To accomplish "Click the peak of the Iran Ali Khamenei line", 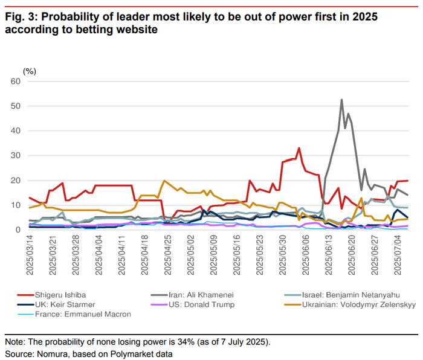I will [x=342, y=100].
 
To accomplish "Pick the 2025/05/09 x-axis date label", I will [x=213, y=256].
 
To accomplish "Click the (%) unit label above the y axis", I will [x=29, y=71].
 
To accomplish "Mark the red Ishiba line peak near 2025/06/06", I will [x=299, y=148].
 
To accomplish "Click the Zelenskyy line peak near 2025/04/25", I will [x=164, y=181].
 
